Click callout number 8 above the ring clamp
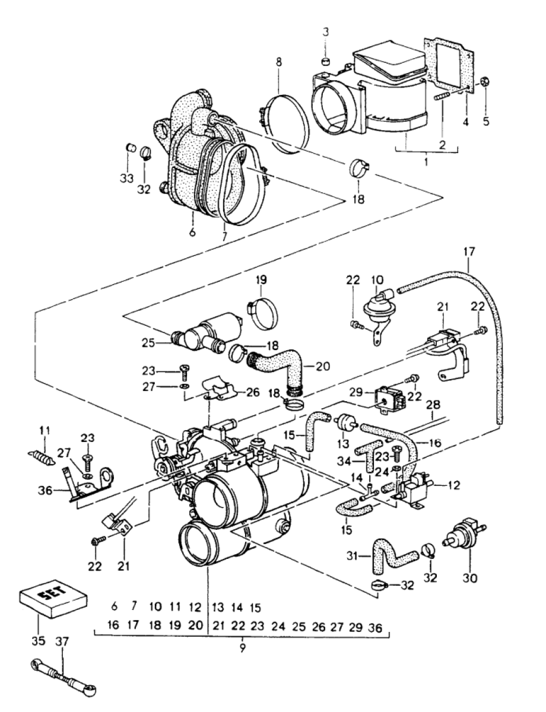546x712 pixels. tap(278, 62)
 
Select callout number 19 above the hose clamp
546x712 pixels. tap(262, 280)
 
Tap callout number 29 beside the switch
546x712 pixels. tap(364, 392)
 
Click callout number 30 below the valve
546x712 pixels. tap(469, 578)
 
